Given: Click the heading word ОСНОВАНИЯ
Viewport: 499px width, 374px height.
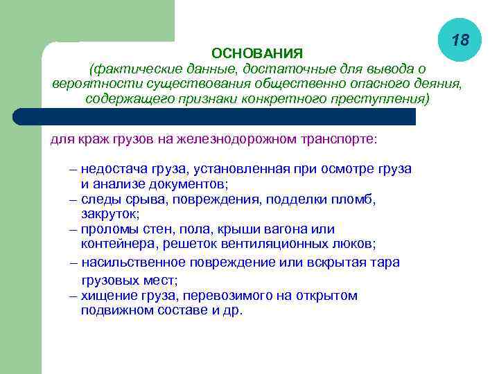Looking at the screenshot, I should (x=256, y=53).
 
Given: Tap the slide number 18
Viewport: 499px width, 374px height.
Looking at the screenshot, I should (x=459, y=41).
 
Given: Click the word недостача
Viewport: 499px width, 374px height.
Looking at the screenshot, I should (x=110, y=169).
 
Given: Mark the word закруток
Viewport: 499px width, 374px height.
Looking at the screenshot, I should (x=110, y=214).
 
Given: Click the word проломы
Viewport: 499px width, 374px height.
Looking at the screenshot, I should (x=106, y=229).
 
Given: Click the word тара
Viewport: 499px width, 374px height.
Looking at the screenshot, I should (x=387, y=262).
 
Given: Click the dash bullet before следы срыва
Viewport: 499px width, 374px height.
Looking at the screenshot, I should (x=73, y=199).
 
